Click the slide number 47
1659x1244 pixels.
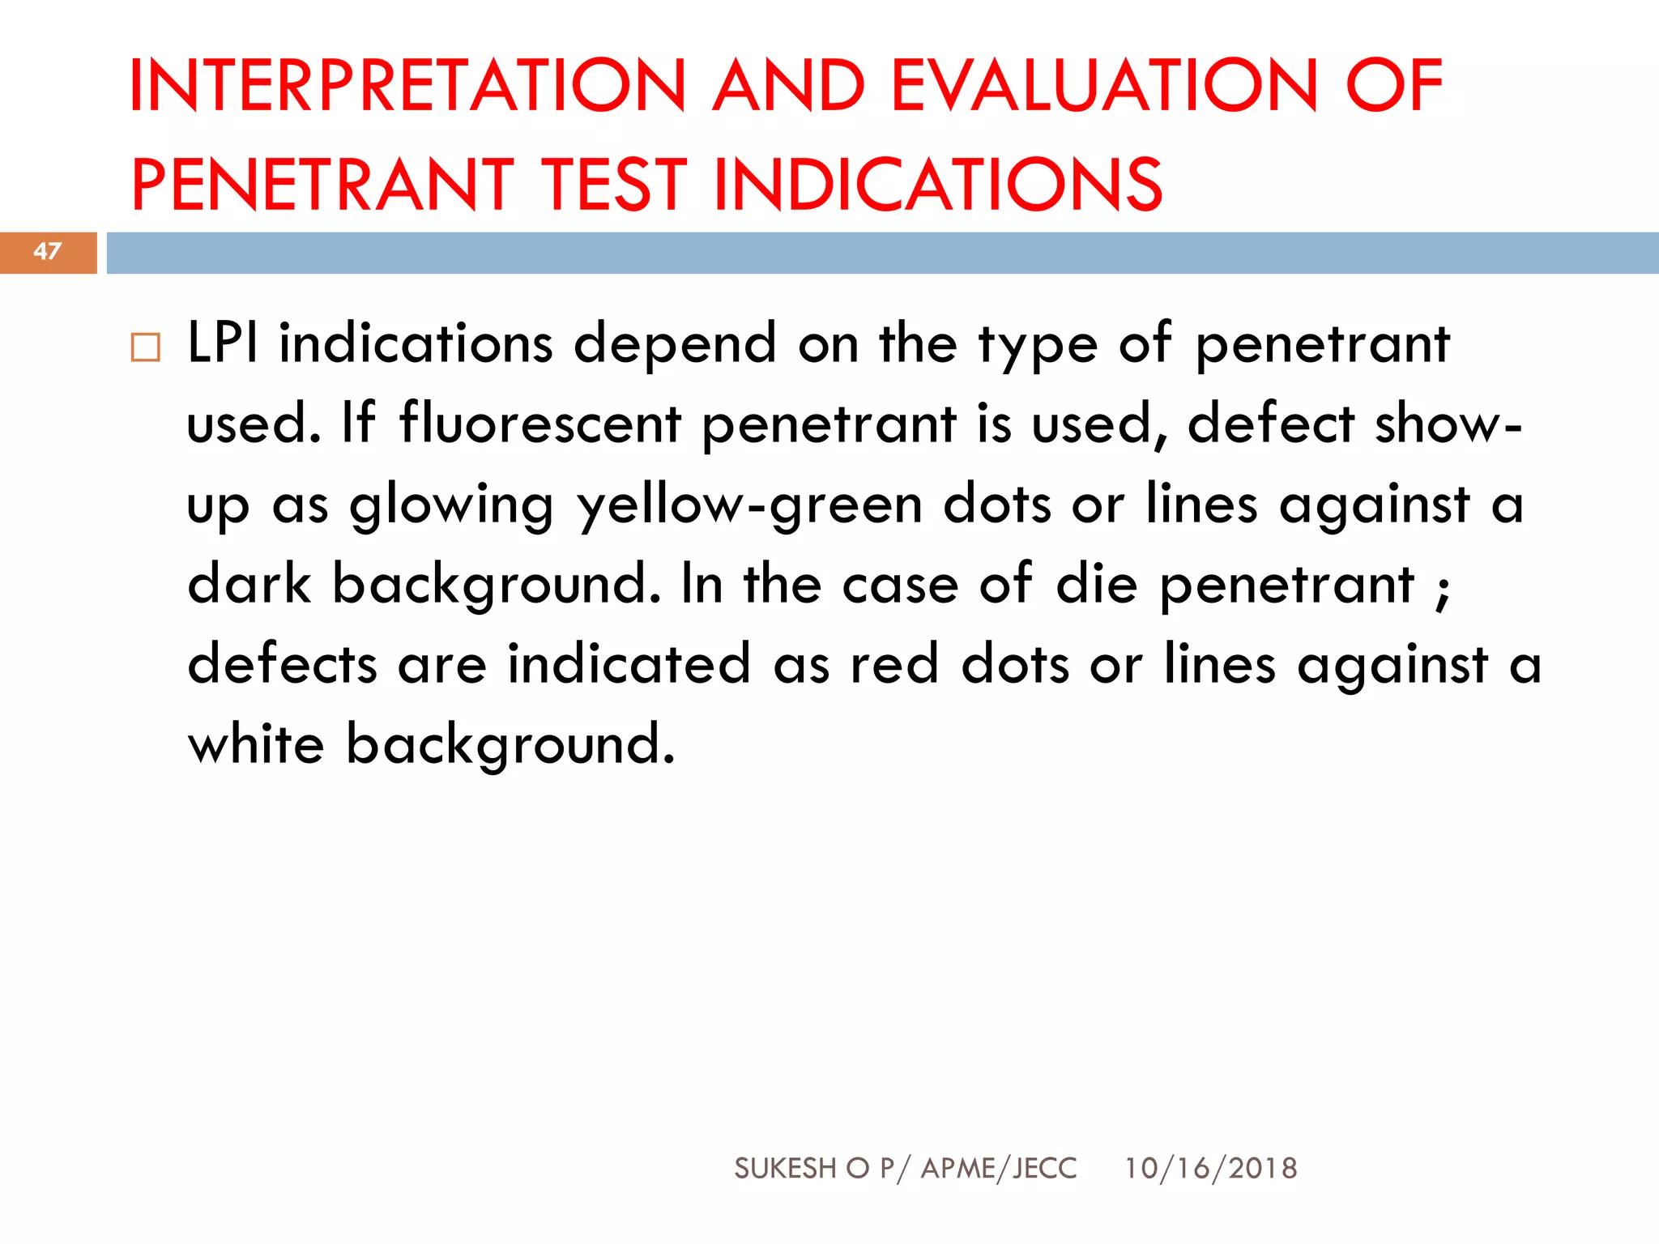pos(48,252)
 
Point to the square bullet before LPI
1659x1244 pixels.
pos(146,347)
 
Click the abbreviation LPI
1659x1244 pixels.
pos(223,343)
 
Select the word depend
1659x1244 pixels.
pos(676,343)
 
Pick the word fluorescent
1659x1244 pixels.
pos(540,423)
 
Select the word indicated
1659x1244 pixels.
pos(629,663)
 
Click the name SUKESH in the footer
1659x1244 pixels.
pos(785,1169)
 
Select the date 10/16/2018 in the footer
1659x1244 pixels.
pos(1210,1169)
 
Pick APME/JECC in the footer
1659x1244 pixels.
pos(1000,1169)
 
